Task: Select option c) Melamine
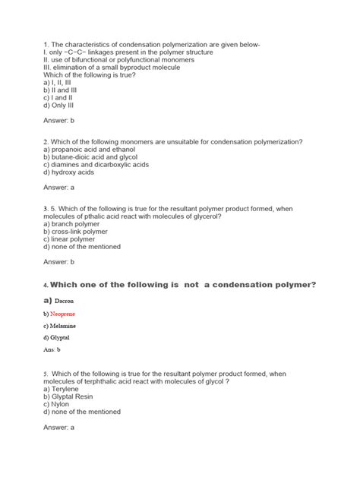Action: click(x=61, y=326)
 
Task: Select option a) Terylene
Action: click(x=65, y=389)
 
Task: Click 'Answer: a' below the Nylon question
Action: click(x=59, y=428)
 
